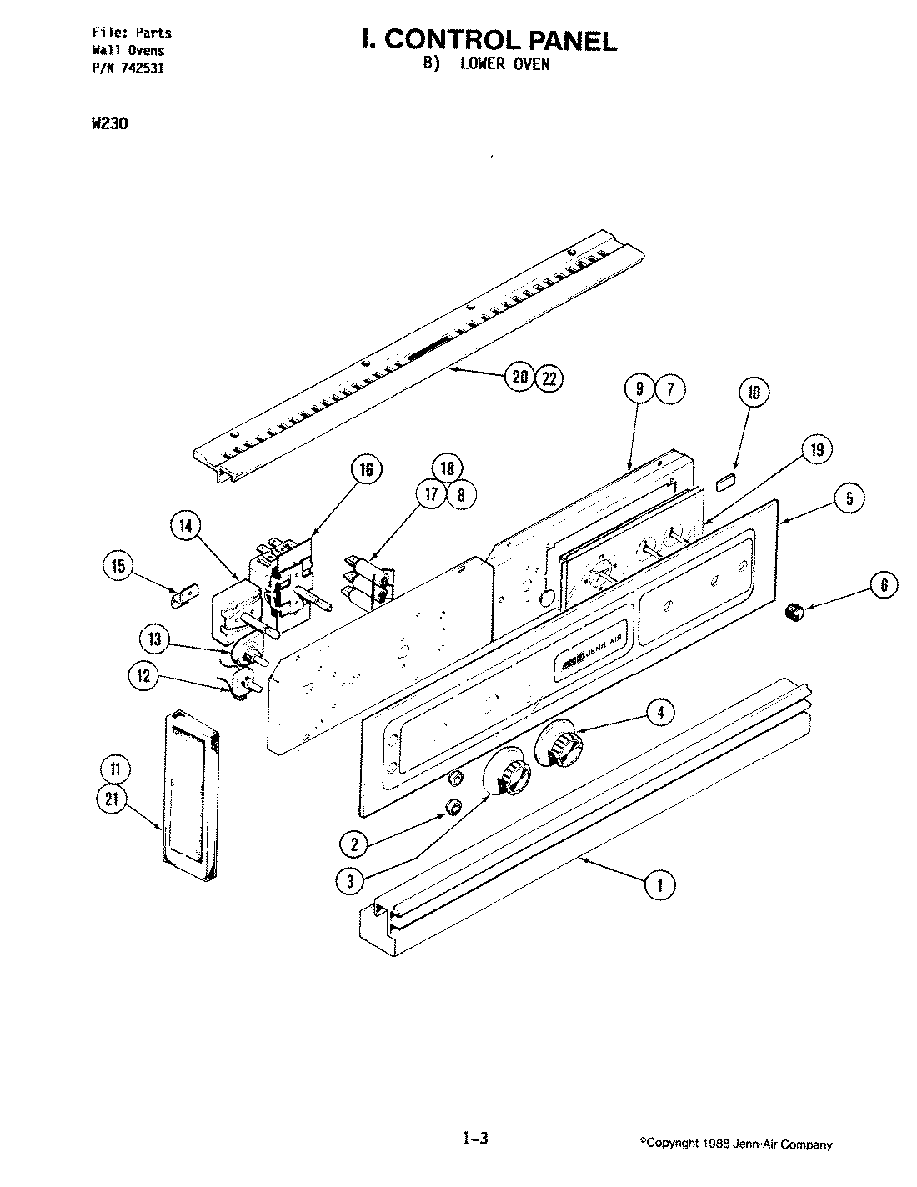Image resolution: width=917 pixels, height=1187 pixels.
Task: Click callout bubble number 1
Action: (659, 884)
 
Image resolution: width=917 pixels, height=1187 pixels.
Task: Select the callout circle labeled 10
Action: (754, 392)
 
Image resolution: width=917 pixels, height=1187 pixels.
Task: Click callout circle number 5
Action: (849, 498)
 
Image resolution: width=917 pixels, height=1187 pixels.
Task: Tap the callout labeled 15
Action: (118, 567)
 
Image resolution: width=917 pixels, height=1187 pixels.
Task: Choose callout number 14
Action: (186, 525)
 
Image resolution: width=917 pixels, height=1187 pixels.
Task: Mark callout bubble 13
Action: (154, 639)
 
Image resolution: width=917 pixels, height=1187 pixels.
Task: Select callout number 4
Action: (659, 712)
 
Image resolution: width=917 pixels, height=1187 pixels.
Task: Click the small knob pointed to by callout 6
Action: (796, 614)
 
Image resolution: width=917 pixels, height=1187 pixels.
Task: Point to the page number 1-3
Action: (474, 1139)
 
